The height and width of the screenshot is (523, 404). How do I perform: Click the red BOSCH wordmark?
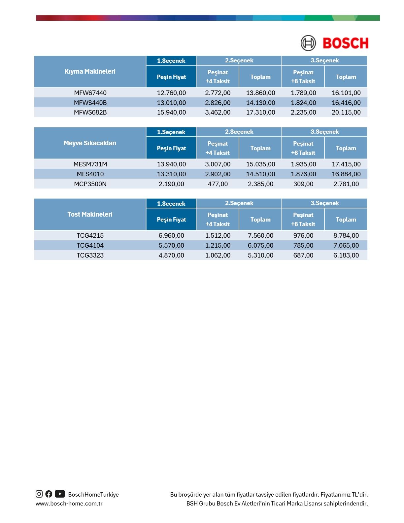pos(345,43)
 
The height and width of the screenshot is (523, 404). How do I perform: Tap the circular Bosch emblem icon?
pos(308,43)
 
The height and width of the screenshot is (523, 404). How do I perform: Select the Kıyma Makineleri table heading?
pos(90,71)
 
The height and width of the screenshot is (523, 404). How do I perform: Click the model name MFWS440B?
pos(90,103)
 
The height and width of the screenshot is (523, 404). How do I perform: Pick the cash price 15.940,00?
pos(171,112)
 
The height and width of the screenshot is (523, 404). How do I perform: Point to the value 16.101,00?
pos(346,93)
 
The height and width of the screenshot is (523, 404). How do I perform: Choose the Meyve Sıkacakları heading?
pos(90,143)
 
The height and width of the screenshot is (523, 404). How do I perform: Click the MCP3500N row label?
pos(90,184)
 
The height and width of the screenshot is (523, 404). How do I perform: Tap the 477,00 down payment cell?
pos(218,184)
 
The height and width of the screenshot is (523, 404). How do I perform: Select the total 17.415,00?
pos(346,164)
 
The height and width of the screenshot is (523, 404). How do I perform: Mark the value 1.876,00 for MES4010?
pos(303,174)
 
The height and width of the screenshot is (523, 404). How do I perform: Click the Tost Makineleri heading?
pos(90,214)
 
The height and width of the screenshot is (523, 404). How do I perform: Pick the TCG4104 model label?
pos(90,245)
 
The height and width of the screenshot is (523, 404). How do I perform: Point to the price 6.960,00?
pos(171,235)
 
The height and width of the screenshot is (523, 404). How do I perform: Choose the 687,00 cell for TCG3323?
pos(303,255)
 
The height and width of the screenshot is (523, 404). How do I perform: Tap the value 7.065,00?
pos(346,245)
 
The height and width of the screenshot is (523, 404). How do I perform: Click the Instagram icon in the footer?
pos(39,494)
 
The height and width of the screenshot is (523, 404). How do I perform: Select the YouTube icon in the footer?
pos(60,494)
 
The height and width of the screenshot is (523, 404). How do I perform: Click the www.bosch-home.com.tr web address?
pos(69,504)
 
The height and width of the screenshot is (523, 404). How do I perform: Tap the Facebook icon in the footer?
pos(49,494)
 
